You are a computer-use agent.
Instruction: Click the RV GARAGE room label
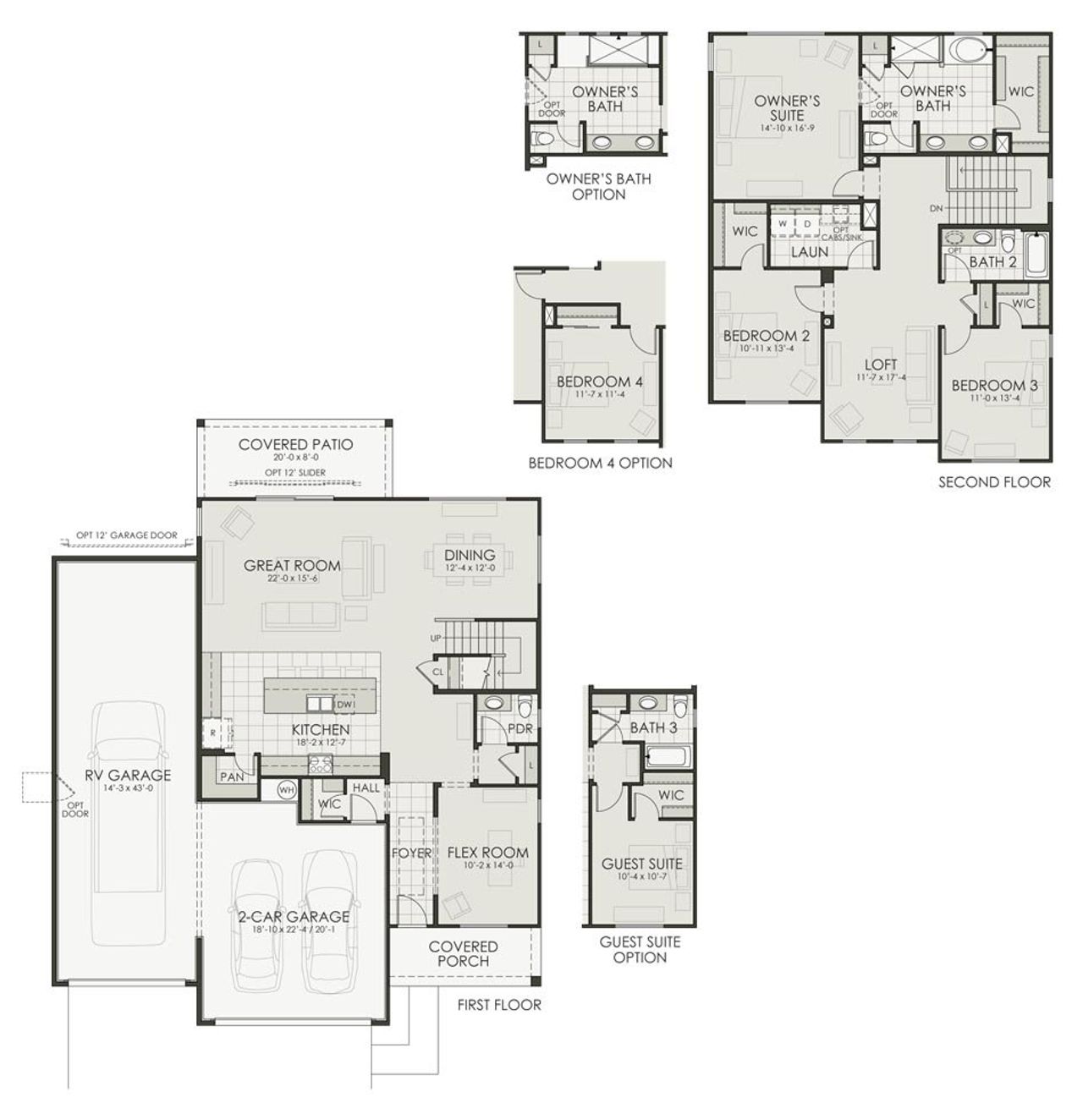(127, 775)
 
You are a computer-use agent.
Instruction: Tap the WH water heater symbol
(287, 789)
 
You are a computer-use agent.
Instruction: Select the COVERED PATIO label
(295, 445)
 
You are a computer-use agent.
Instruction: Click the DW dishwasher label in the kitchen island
(344, 704)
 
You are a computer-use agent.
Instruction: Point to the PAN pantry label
(231, 776)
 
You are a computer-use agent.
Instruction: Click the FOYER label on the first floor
(411, 853)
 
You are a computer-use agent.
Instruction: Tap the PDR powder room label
(520, 729)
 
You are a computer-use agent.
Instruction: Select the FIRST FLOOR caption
(498, 1005)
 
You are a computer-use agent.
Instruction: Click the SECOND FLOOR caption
(994, 482)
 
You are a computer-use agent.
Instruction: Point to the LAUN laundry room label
(810, 251)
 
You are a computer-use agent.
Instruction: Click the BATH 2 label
(992, 262)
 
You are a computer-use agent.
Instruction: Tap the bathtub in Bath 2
(1036, 254)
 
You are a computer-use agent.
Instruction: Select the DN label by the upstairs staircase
(936, 207)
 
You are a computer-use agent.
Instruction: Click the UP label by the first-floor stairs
(437, 638)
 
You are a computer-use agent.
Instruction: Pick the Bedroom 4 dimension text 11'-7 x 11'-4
(599, 394)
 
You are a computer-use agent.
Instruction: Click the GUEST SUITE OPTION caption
(640, 949)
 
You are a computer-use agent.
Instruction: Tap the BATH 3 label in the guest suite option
(653, 727)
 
